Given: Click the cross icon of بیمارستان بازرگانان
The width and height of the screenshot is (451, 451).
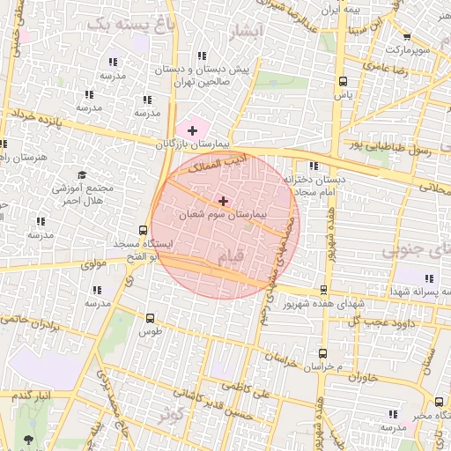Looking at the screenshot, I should click(193, 130).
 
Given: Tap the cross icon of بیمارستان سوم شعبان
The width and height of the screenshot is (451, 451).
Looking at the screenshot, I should click(223, 201).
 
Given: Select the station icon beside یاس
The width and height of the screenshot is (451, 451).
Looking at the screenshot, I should click(343, 81).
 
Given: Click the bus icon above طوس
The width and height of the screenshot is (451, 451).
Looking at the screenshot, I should click(149, 318).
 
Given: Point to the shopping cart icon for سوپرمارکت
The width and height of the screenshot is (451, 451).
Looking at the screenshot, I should click(405, 36).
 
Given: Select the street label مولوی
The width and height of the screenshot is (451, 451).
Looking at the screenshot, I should click(92, 263).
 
